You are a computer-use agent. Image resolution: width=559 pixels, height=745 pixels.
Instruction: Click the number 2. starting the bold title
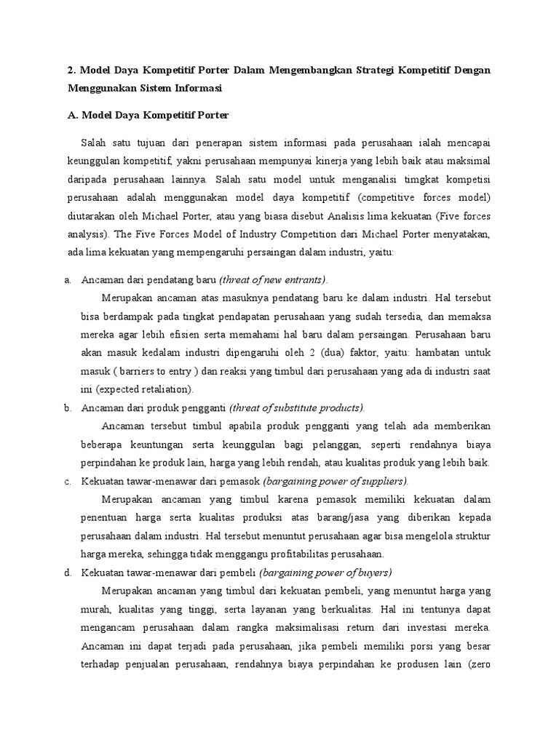(72, 70)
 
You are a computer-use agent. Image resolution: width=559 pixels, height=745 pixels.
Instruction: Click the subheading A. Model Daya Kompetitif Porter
(148, 115)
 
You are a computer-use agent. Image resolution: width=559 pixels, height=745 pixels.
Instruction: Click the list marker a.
(68, 279)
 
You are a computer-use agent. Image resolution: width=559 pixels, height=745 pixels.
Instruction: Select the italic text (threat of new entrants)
(273, 279)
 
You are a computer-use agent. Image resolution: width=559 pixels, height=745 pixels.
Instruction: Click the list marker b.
(68, 407)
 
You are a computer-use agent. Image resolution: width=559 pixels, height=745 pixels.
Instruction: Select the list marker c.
(68, 481)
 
